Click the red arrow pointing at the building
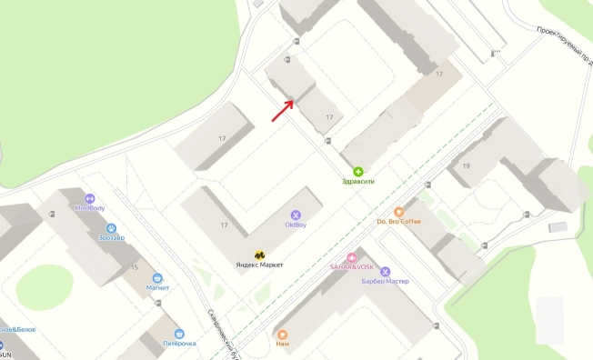282,110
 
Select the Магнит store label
157,287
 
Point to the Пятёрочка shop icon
179,334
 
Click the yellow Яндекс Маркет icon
259,255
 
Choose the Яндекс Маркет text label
259,265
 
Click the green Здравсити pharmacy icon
357,171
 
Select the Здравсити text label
357,181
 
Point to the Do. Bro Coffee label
398,221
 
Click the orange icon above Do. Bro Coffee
398,211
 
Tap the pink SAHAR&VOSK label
351,267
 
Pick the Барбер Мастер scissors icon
385,271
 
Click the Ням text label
282,345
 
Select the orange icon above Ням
282,335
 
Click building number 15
135,267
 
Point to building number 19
466,165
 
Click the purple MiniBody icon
90,198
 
